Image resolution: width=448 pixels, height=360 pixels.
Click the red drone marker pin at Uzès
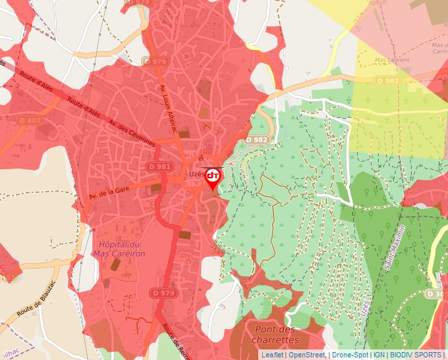pos(213,176)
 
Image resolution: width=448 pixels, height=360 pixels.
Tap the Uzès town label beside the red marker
pos(196,174)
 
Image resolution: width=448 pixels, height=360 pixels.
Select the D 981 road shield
pos(160,167)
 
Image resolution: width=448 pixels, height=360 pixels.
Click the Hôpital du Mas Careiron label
pos(119,231)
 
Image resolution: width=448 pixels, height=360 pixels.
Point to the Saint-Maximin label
pos(393,251)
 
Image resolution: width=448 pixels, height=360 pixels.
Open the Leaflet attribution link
pos(272,355)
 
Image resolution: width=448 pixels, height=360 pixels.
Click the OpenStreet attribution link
pos(307,355)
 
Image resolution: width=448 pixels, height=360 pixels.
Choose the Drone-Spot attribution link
pos(350,355)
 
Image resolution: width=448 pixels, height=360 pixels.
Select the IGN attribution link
pos(379,355)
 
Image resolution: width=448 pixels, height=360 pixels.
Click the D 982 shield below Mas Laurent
pos(388,80)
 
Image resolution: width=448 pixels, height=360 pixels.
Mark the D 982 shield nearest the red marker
pos(257,140)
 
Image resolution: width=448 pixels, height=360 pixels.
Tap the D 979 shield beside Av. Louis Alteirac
pos(155,61)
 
